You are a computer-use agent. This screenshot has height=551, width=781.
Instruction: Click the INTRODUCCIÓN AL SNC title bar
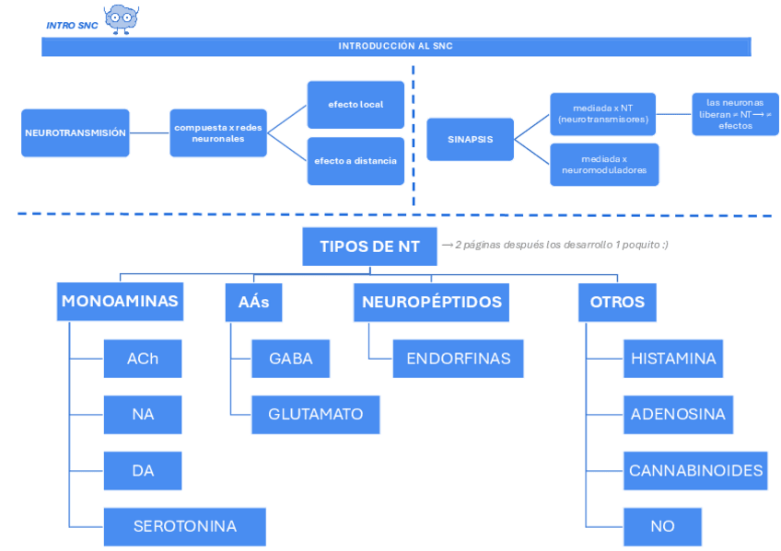click(x=396, y=46)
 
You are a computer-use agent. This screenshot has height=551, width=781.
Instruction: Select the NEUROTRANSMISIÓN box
click(x=75, y=132)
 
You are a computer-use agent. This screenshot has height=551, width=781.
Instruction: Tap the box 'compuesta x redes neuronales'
click(x=218, y=132)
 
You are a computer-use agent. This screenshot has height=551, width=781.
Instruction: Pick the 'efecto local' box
click(x=356, y=104)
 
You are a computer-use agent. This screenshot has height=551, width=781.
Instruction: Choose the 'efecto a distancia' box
click(x=356, y=161)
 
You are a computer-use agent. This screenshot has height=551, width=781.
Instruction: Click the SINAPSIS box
click(x=470, y=140)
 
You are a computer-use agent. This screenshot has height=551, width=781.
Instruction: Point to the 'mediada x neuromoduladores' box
click(x=604, y=165)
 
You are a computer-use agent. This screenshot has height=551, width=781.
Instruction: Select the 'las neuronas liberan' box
click(x=735, y=114)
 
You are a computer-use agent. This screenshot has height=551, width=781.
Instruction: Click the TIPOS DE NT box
click(x=369, y=247)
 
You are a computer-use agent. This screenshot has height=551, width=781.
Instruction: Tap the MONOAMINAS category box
click(x=120, y=302)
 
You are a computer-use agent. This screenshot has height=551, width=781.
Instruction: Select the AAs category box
click(x=253, y=302)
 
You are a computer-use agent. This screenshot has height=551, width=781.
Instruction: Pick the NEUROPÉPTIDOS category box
click(x=431, y=302)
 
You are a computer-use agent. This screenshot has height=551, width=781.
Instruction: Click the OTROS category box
click(x=617, y=302)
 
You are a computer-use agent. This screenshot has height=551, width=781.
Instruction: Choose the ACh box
click(x=143, y=359)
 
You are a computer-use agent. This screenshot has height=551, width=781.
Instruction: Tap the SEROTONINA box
click(x=185, y=526)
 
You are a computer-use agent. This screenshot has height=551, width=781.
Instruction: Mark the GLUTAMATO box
click(x=316, y=414)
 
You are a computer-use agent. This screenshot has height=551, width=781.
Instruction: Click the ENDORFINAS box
click(x=458, y=359)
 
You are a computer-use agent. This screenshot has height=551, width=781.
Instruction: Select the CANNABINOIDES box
click(x=695, y=470)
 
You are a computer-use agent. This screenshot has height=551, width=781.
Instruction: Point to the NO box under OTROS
click(x=662, y=526)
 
